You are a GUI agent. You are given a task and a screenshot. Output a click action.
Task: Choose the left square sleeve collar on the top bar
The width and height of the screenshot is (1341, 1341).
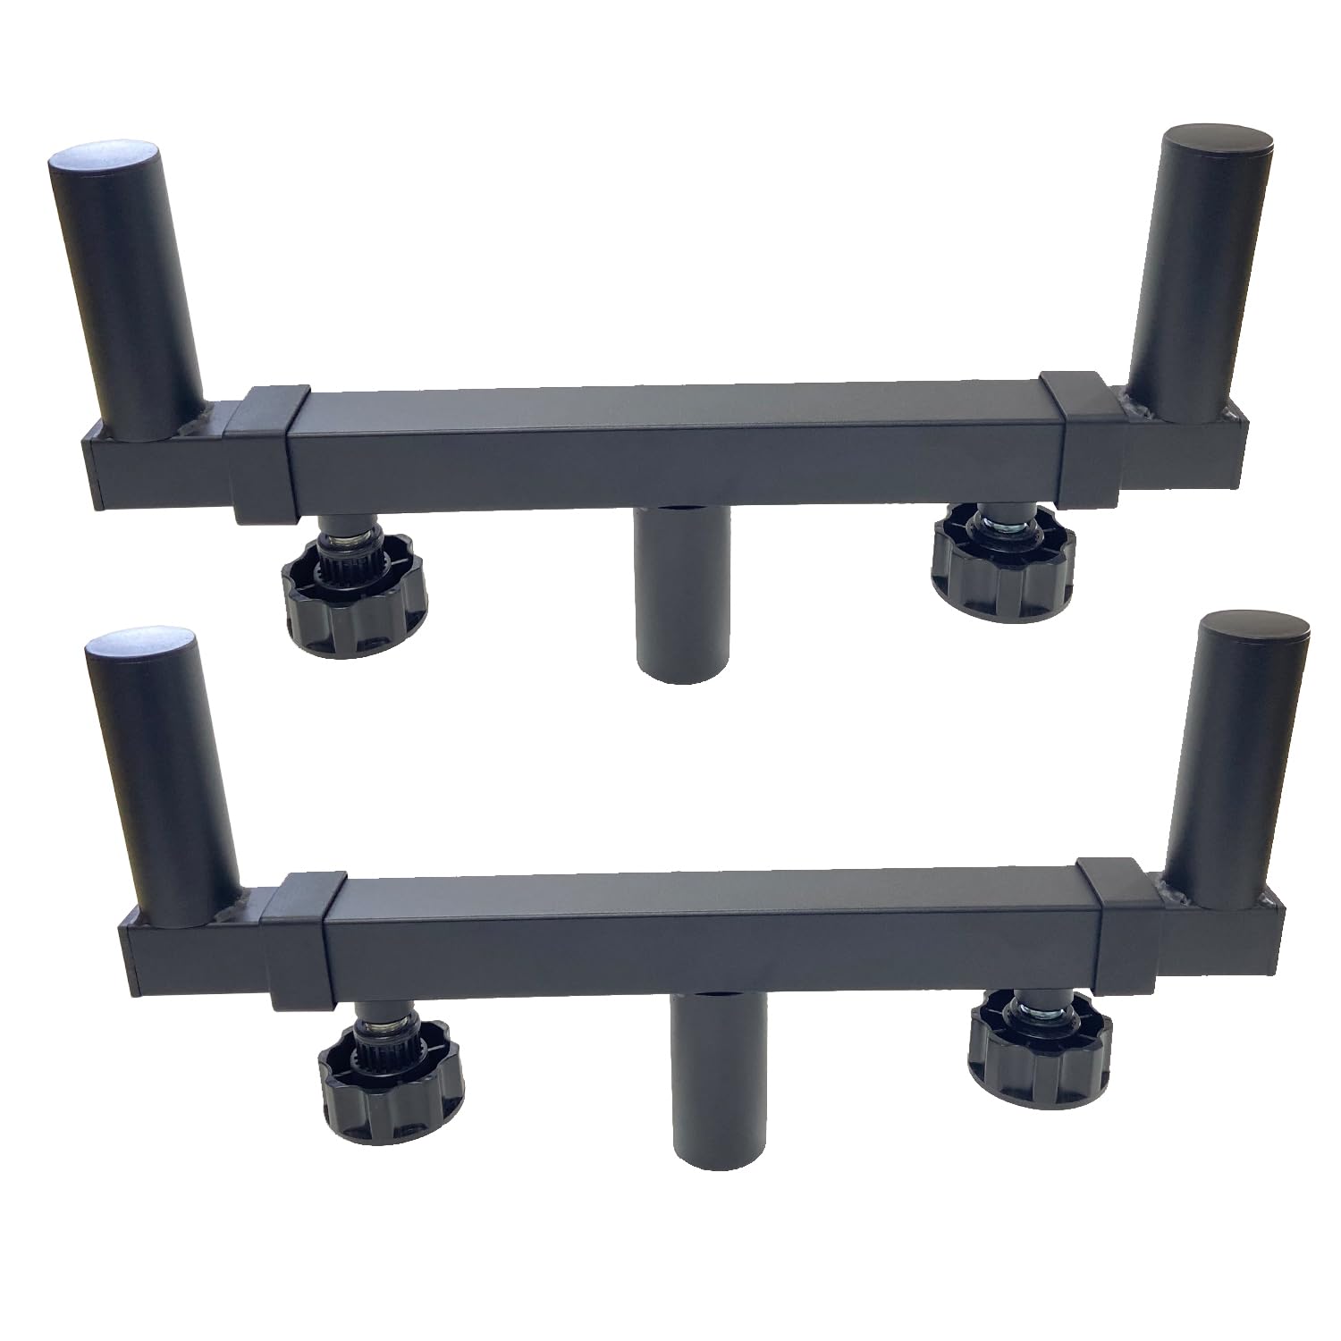coord(265,451)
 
